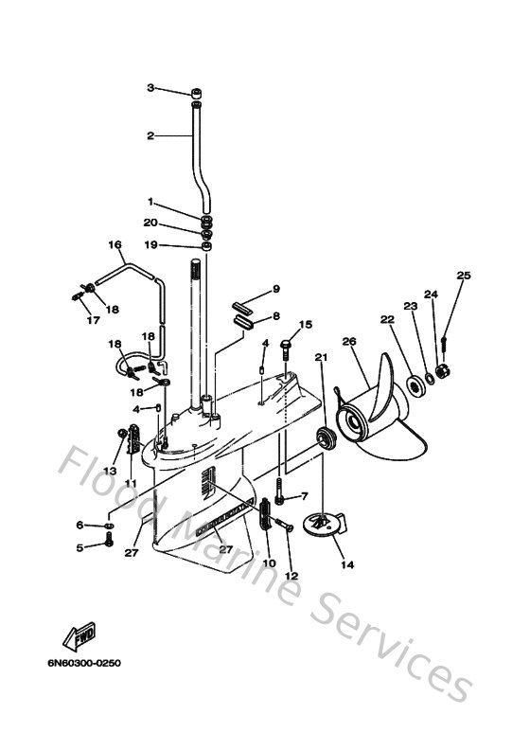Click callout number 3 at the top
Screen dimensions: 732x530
click(150, 88)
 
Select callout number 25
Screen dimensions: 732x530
click(463, 276)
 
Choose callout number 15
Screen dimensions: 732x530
click(305, 325)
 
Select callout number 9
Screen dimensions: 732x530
click(275, 289)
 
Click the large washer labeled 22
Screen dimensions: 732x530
click(413, 386)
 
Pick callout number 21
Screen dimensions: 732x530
click(321, 357)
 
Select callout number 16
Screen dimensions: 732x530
click(115, 244)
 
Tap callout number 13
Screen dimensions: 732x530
click(109, 471)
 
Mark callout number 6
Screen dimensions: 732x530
click(80, 525)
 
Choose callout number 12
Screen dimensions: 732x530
click(291, 576)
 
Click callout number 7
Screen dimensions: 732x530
click(305, 496)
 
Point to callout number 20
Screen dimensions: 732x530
click(150, 223)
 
